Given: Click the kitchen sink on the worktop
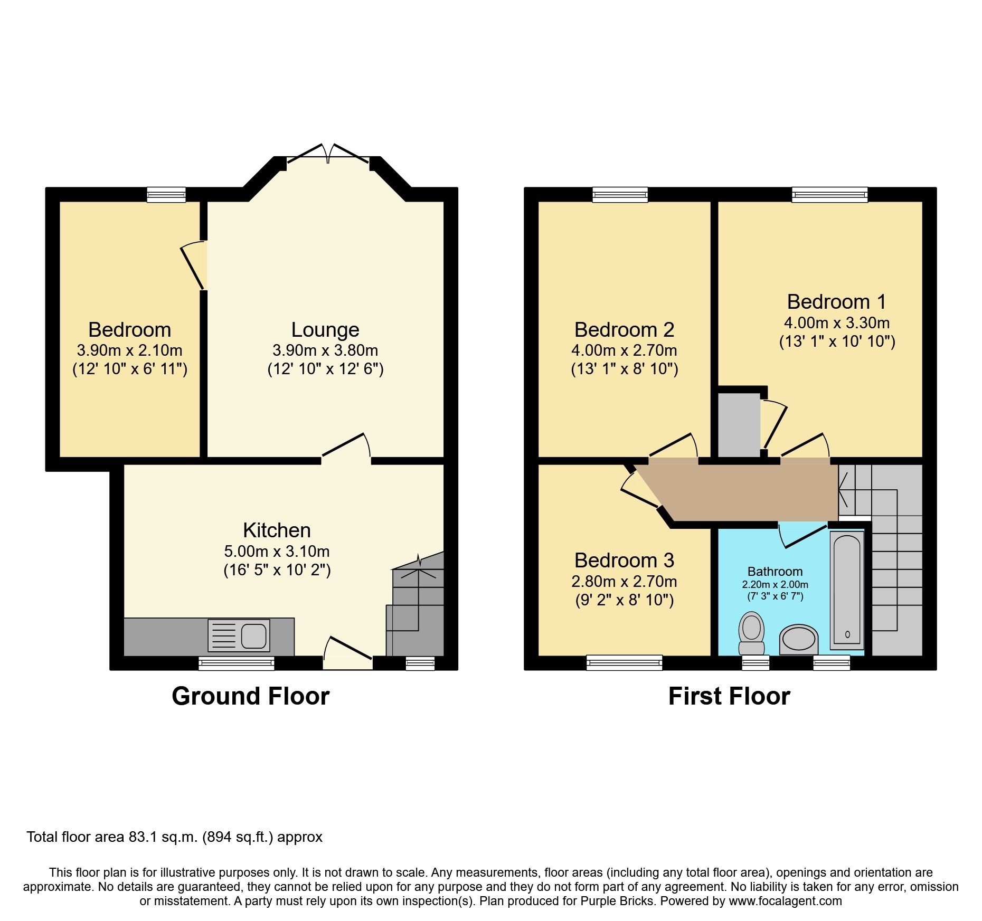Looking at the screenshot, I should point(239,635).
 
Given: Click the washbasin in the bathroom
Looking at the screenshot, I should point(799,639).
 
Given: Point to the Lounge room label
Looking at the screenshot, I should point(325,330).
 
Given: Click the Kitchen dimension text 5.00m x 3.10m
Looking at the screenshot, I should point(277,552).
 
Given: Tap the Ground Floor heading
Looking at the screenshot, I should point(250,696).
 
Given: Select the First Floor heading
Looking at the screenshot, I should point(729,696).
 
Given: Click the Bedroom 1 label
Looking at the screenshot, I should point(836,302).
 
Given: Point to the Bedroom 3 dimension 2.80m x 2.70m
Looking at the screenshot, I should point(624,582).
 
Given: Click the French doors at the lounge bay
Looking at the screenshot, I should point(328,154).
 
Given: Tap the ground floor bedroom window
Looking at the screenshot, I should point(166,195).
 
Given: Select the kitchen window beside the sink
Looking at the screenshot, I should point(237,663).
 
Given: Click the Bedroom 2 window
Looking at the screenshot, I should point(620,195).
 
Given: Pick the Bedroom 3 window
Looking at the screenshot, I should point(624,662).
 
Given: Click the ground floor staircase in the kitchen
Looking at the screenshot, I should point(417,607).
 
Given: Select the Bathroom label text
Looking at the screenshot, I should point(775,572).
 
